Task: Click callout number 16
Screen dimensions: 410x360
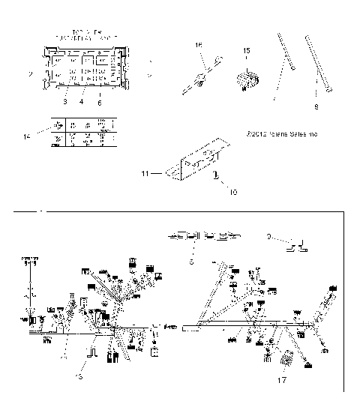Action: (199, 46)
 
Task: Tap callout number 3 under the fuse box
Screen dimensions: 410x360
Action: (65, 101)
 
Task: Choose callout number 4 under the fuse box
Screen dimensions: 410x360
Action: (81, 101)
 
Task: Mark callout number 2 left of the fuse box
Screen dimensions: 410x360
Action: (30, 74)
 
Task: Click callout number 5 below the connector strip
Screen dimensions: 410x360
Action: (191, 263)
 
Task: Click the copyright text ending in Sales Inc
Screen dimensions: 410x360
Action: (281, 135)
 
